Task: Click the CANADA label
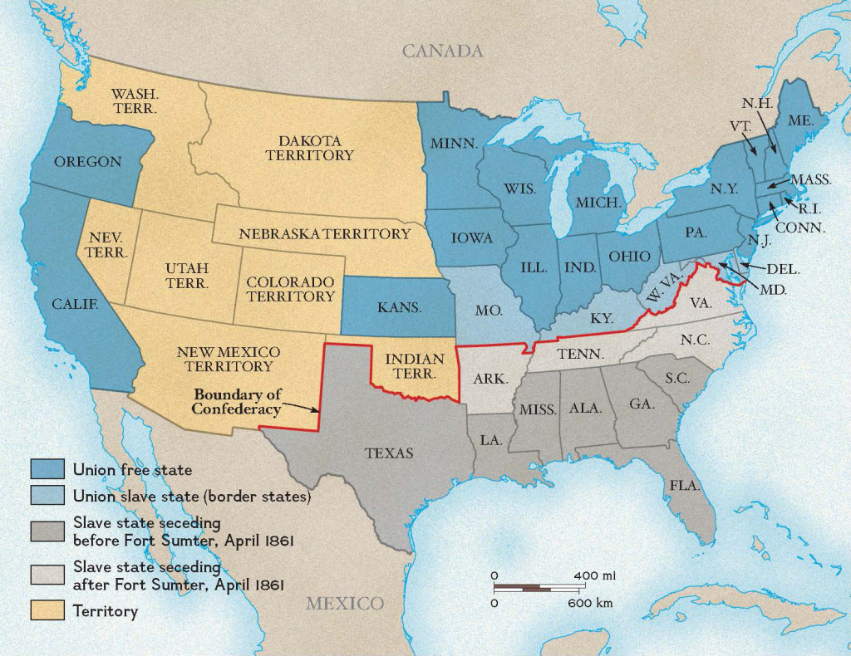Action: point(442,51)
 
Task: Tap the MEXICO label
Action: point(345,603)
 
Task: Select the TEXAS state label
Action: point(389,453)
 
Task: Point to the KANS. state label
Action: point(400,307)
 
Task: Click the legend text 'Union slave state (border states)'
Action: point(191,497)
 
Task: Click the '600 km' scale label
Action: point(590,603)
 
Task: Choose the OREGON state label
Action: point(88,162)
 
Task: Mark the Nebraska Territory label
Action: point(325,234)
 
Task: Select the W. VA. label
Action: point(662,289)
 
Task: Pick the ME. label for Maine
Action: point(800,120)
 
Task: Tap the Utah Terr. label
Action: point(187,276)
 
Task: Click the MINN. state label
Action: point(454,143)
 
